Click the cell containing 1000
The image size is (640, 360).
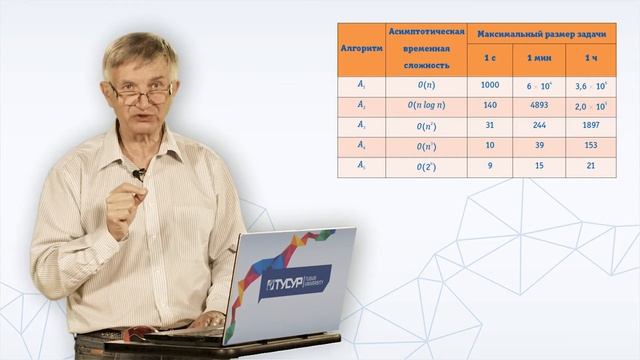tap(490, 86)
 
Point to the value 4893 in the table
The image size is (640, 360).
tap(539, 106)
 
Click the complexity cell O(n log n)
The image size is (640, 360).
tap(426, 106)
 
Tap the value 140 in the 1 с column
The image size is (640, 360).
tap(490, 106)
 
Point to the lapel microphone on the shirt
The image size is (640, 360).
tap(139, 174)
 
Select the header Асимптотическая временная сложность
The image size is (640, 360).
tap(426, 48)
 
